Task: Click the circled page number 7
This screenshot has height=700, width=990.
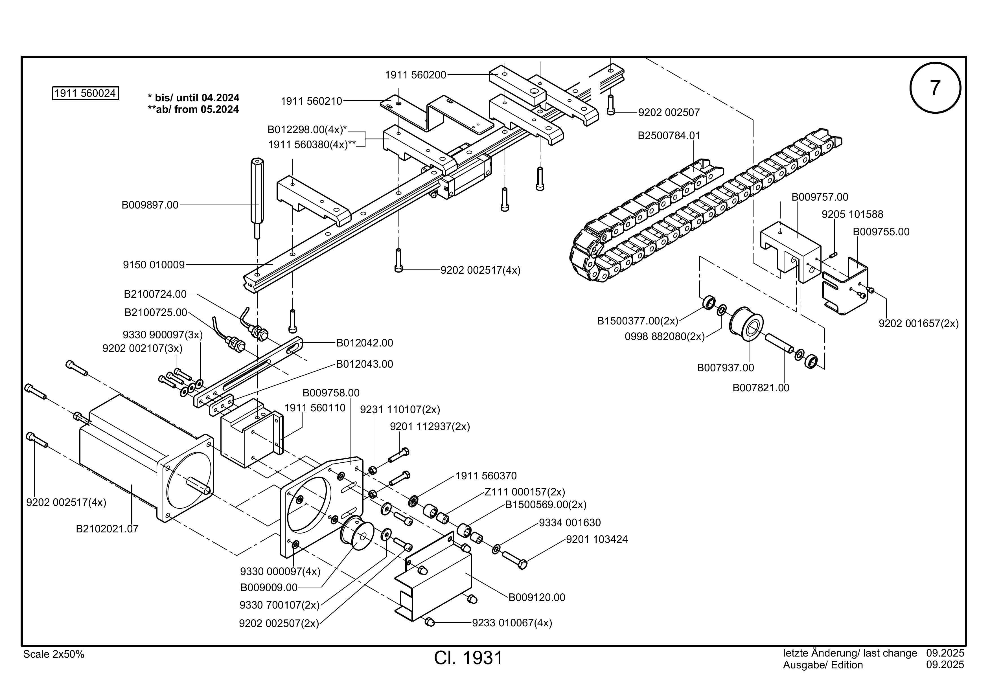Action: (935, 88)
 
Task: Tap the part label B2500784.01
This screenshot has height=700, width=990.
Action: (669, 135)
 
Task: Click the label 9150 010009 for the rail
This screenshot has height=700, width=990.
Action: (154, 265)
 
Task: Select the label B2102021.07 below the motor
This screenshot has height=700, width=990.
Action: (107, 528)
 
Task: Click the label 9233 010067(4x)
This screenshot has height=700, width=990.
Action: (512, 623)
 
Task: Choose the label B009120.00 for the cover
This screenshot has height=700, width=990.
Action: (537, 597)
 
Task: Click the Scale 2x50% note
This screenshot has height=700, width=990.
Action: (54, 654)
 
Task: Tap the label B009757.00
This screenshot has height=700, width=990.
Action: (820, 197)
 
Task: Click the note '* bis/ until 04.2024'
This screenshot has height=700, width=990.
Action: (194, 98)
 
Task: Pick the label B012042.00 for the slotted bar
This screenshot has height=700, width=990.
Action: (365, 343)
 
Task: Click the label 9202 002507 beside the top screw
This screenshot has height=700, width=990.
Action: (669, 113)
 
